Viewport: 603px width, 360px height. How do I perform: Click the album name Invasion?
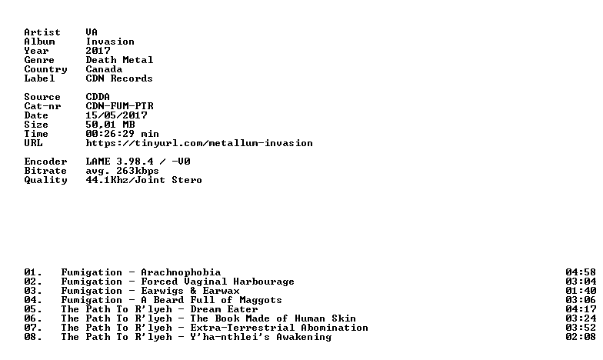(110, 42)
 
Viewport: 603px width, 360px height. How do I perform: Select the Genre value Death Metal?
(119, 60)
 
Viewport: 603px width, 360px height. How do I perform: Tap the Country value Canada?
(104, 69)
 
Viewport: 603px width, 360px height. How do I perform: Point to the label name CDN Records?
(119, 78)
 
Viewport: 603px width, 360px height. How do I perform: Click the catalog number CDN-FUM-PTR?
(120, 106)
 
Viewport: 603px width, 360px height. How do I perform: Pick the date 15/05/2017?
(117, 115)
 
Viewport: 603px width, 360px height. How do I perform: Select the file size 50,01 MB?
(111, 125)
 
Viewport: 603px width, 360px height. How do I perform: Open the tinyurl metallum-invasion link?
(199, 143)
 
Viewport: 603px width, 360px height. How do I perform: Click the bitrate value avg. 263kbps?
(122, 171)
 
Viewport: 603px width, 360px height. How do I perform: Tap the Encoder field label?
(46, 162)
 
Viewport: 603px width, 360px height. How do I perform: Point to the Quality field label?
(46, 180)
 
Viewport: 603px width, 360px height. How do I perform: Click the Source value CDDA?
(98, 97)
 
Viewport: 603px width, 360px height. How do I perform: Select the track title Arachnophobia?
(181, 272)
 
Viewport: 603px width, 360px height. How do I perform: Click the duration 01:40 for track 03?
(581, 291)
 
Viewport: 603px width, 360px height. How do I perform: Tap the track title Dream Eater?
(224, 309)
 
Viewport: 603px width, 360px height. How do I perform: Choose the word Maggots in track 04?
(261, 300)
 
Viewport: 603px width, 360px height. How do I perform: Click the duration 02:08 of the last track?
(581, 337)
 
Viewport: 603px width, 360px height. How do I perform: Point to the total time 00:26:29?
(110, 134)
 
